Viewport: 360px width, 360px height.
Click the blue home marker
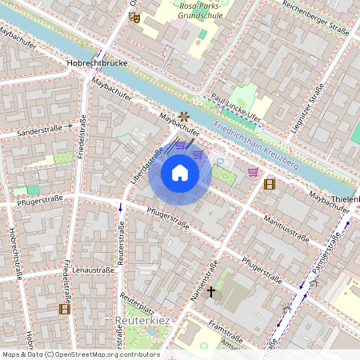(180, 173)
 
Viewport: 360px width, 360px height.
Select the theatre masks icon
(134, 16)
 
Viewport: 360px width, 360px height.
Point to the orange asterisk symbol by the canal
(186, 116)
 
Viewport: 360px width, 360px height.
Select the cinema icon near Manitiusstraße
(270, 184)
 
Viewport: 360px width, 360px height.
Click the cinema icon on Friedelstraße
(64, 309)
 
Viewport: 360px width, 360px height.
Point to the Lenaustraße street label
(89, 271)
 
